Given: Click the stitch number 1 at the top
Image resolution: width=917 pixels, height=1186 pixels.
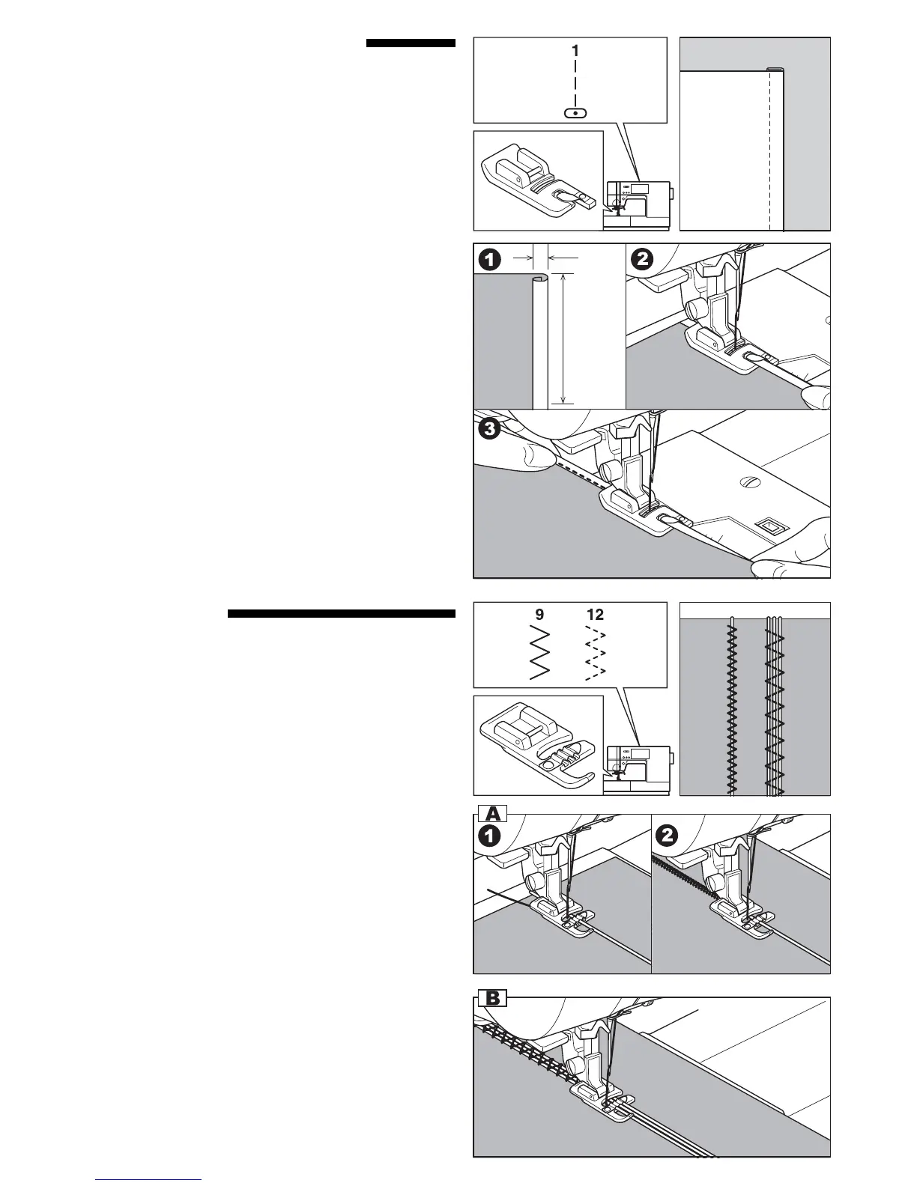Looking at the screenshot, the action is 575,51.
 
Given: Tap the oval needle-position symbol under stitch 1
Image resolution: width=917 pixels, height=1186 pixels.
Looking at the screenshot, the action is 575,113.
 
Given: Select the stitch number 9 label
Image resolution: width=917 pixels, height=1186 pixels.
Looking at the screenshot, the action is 539,615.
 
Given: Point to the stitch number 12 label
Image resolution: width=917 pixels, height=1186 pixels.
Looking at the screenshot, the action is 595,615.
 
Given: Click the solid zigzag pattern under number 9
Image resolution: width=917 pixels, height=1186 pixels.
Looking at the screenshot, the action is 540,653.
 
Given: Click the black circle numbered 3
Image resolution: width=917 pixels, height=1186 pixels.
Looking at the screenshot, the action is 489,429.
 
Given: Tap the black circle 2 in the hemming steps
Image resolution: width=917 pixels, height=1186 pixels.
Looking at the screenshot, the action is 643,259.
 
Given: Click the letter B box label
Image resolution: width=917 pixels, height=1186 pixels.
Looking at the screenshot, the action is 493,997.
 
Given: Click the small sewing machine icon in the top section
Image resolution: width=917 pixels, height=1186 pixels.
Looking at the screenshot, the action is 638,202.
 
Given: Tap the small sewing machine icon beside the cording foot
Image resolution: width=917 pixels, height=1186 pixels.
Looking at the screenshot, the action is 638,767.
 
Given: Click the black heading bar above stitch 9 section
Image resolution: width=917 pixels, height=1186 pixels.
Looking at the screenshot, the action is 342,615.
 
